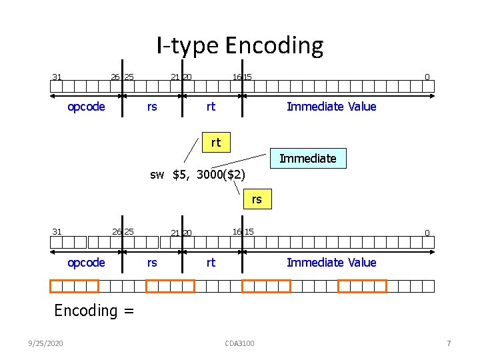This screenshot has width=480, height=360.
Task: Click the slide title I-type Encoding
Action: click(x=240, y=45)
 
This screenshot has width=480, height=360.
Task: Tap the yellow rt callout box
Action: click(x=215, y=142)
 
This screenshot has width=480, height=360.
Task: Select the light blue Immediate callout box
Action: click(x=307, y=158)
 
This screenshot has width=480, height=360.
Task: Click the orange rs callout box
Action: click(x=257, y=199)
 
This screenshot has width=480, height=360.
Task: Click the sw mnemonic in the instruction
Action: click(x=157, y=175)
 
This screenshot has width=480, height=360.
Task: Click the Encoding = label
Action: click(x=94, y=310)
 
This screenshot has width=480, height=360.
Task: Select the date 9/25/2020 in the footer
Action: click(x=47, y=343)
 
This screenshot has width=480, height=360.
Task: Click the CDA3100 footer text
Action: click(x=239, y=343)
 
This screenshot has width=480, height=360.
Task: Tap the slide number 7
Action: click(x=449, y=343)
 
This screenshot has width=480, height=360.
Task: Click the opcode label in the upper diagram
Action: click(x=87, y=107)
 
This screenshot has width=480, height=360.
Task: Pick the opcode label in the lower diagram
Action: click(x=87, y=263)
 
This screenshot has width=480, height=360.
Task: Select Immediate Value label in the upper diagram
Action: click(x=331, y=107)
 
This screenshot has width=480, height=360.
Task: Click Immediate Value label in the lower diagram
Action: click(x=331, y=263)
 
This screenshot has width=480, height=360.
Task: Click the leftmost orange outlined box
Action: click(x=74, y=286)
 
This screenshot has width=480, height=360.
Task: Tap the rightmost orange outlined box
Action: click(x=362, y=286)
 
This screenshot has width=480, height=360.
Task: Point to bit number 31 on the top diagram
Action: click(x=57, y=77)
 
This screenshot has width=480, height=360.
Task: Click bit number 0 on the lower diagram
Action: click(x=427, y=233)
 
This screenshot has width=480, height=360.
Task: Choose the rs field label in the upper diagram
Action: click(x=152, y=107)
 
